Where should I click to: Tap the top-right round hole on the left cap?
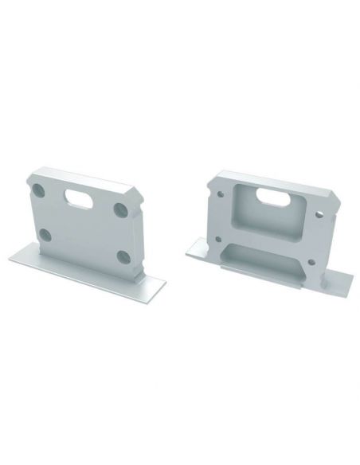[x=120, y=209]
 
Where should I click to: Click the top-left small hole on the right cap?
[x=216, y=190]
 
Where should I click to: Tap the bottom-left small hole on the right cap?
[x=218, y=237]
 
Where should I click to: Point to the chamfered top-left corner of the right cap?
[x=210, y=177]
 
